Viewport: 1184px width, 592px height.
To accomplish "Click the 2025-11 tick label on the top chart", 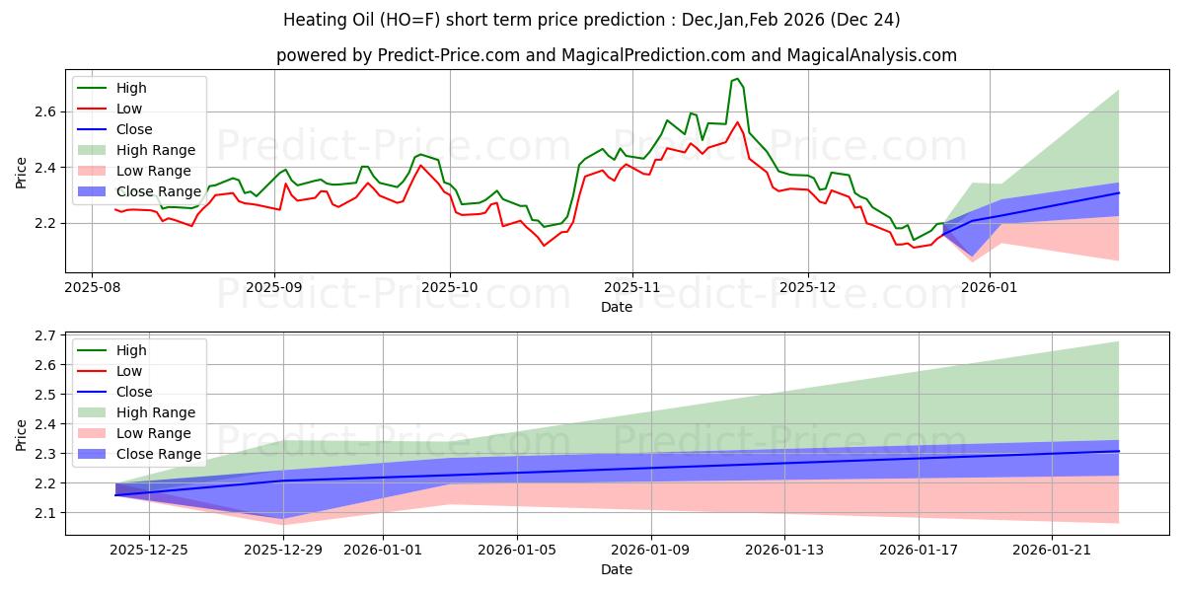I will [631, 288].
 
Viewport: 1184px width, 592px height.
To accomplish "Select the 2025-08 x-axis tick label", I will [92, 288].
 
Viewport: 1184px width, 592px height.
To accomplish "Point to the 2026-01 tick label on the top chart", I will [990, 288].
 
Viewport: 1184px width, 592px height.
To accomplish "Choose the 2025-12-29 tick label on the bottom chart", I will [283, 551].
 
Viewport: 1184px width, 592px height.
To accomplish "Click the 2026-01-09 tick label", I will [651, 551].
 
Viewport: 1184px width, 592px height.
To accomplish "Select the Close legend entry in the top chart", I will [134, 129].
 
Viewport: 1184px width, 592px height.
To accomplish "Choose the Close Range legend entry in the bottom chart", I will [158, 454].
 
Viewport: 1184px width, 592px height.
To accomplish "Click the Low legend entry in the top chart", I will [129, 109].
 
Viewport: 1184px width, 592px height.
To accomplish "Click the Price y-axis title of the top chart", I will [22, 173].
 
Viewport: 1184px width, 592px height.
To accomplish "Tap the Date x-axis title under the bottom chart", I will [617, 569].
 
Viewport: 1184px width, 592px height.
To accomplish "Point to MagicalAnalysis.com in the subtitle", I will [871, 55].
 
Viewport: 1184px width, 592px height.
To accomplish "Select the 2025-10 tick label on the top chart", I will [450, 288].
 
